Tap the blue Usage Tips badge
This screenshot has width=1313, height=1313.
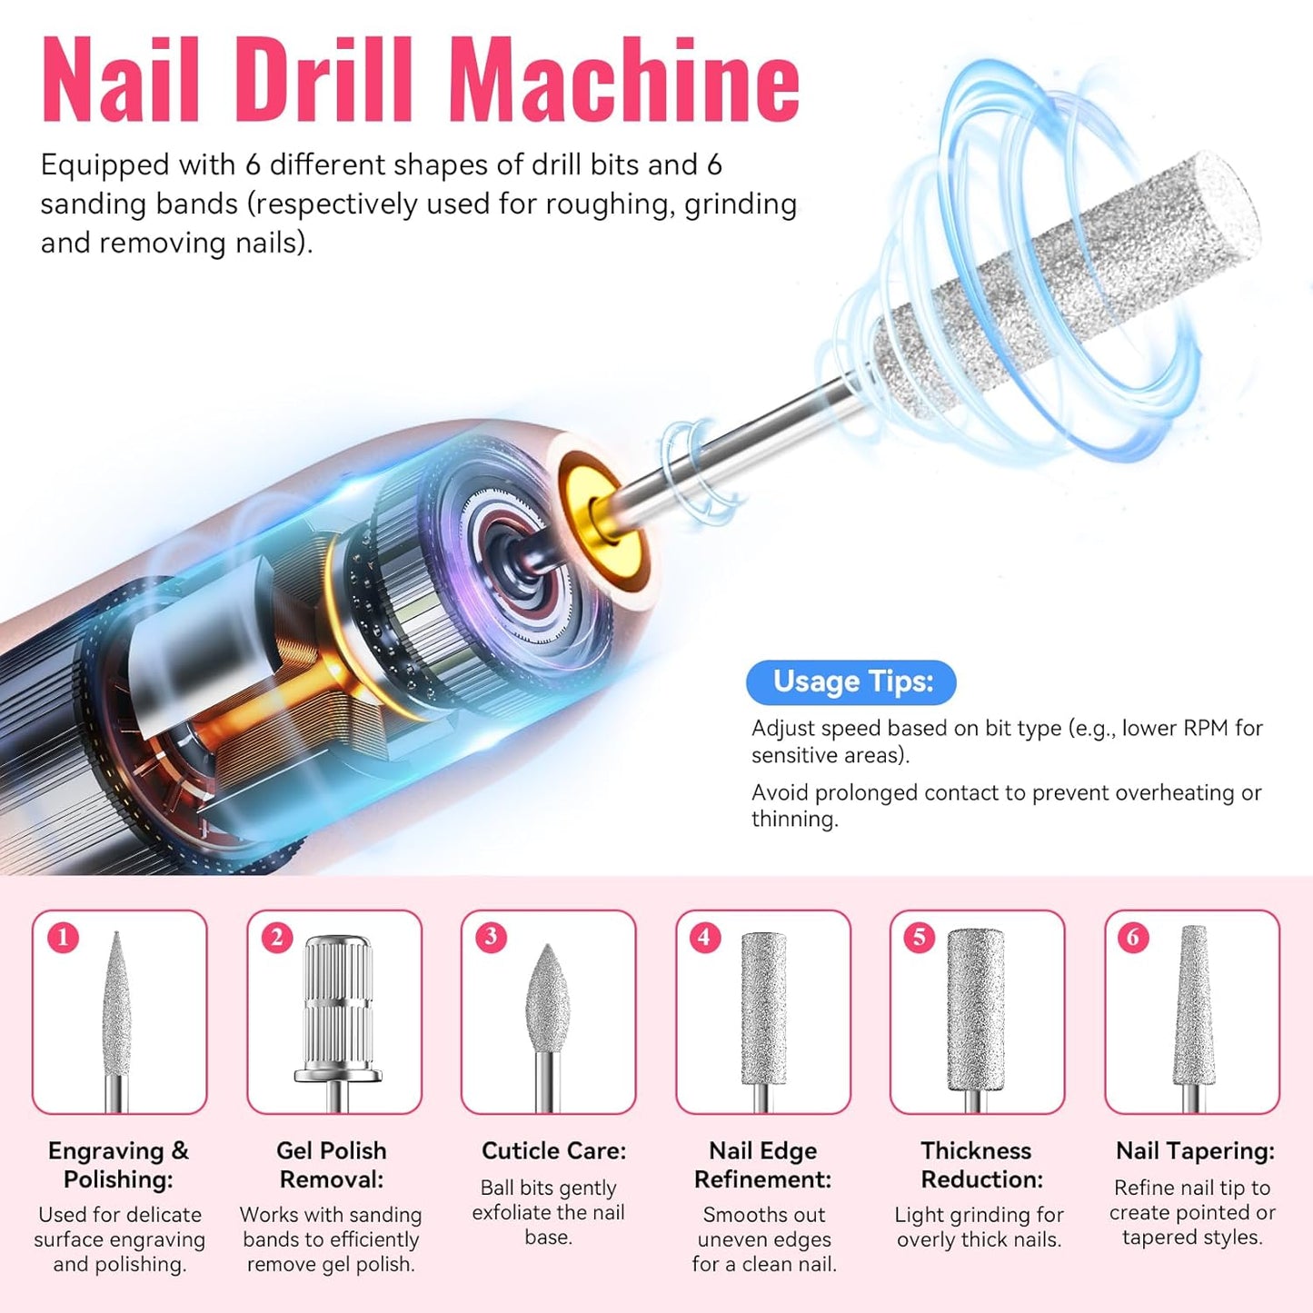point(850,681)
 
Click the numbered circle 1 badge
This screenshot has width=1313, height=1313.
point(63,937)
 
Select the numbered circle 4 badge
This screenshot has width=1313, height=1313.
point(705,937)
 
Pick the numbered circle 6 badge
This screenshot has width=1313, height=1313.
point(1133,937)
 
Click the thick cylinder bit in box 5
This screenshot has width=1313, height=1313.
point(976,1009)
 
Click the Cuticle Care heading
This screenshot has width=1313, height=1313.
point(553,1150)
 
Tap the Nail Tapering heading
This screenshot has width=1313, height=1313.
point(1195,1150)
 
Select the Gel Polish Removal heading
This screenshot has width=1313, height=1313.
point(332,1165)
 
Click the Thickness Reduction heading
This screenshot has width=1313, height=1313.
point(978,1165)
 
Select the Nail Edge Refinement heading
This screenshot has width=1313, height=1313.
point(763,1165)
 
